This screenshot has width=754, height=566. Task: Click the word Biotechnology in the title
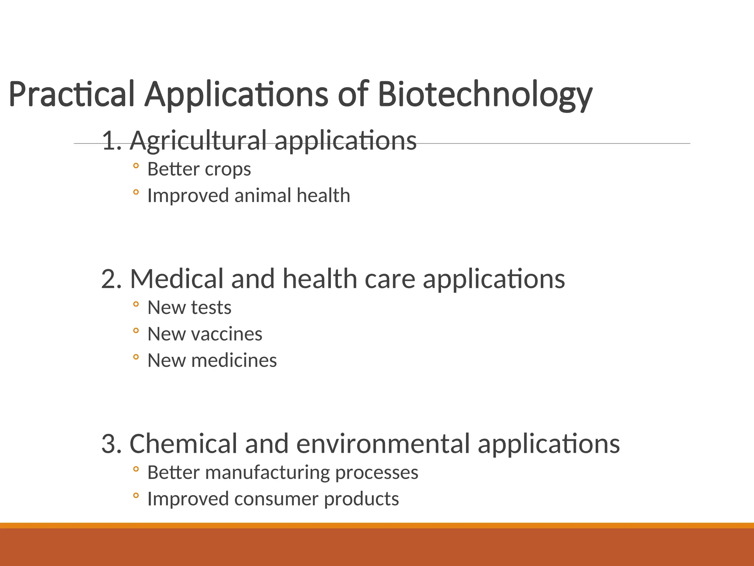pos(485,94)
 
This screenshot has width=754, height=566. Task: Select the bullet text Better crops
pos(199,170)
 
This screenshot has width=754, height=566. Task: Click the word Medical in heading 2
pos(177,279)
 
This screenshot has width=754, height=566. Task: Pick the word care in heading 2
pos(390,279)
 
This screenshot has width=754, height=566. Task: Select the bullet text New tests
pos(189,308)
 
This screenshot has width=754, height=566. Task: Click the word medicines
pos(234,361)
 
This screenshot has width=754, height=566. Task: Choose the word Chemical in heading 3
pos(183,444)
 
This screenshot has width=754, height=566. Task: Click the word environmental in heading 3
pos(383,444)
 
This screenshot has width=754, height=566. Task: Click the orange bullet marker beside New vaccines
pos(136,331)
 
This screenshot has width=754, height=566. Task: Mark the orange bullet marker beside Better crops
pos(136,166)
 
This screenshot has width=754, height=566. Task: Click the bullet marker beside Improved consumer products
pos(136,496)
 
